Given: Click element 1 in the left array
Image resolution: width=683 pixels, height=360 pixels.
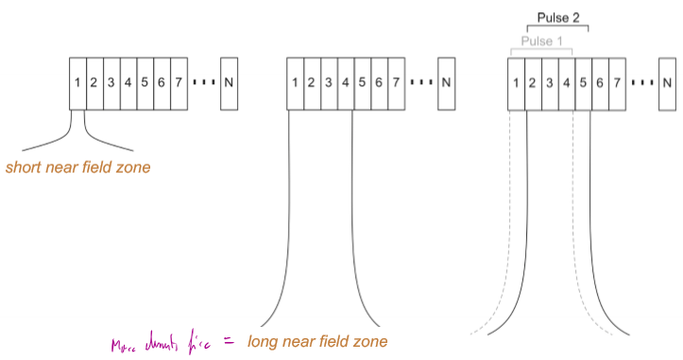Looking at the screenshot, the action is tap(77, 81).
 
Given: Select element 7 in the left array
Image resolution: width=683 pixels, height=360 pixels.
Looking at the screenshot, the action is tap(178, 81).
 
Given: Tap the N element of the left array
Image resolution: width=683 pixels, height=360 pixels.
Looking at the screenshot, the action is tap(230, 81).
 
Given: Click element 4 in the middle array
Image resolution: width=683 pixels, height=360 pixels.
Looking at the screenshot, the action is tap(345, 81).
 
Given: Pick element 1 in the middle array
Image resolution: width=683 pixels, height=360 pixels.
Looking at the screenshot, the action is tap(295, 81).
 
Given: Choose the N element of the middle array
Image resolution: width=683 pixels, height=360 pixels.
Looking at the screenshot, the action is tap(447, 81).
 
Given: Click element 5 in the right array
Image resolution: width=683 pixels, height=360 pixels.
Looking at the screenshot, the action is tap(583, 82).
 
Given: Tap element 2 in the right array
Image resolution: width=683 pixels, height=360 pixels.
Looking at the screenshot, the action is tap(533, 82).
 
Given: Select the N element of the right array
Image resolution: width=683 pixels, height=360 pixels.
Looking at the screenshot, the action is tap(668, 82).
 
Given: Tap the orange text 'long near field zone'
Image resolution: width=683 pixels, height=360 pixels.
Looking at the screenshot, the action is tap(317, 340).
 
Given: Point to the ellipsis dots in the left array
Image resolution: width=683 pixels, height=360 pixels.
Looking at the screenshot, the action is tap(204, 82).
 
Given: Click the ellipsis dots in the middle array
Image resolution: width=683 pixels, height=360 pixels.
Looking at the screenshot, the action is tap(420, 82).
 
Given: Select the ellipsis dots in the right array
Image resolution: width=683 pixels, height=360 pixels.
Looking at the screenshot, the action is tap(641, 82).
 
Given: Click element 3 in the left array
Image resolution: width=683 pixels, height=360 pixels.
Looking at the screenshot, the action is tap(111, 81).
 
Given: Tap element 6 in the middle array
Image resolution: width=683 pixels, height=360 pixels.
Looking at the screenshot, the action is tap(379, 81).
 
